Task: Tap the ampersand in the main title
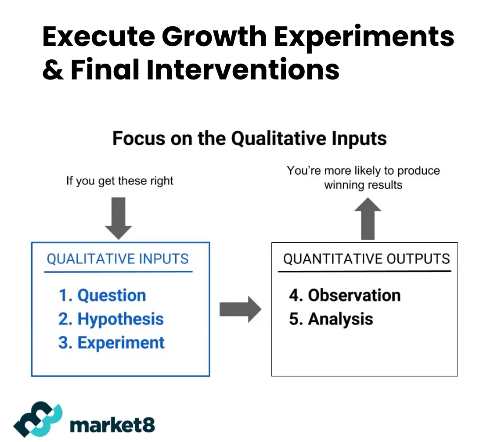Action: point(53,69)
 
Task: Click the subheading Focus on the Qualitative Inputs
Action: point(249,139)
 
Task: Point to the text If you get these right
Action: point(120,181)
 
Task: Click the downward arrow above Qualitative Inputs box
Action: point(119,218)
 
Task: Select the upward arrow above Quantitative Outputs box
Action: point(368,219)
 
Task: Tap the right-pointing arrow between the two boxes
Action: point(240,309)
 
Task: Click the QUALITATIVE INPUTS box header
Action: point(118,259)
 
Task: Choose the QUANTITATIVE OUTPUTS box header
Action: point(366,259)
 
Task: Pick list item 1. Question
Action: point(102,295)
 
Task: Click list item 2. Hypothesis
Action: point(111,319)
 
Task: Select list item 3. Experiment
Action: point(112,342)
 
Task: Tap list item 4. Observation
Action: point(345,295)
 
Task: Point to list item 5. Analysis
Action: point(331,319)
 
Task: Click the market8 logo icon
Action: point(38,419)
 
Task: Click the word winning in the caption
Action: point(344,185)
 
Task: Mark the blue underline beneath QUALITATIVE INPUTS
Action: point(119,272)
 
